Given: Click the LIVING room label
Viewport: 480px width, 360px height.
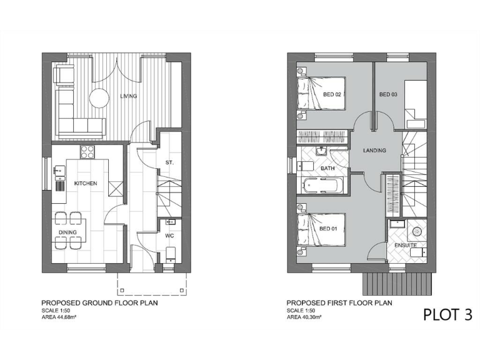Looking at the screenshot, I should [x=129, y=96].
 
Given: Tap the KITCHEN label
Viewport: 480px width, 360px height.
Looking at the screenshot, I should [x=86, y=184].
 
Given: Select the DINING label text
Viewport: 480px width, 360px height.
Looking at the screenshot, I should [x=67, y=232].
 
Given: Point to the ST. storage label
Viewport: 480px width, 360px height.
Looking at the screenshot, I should [x=169, y=162].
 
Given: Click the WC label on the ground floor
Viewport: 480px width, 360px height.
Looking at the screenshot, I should [x=169, y=237].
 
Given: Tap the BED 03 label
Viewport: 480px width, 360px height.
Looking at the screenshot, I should [x=388, y=94].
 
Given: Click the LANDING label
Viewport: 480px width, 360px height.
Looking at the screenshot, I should [x=374, y=151].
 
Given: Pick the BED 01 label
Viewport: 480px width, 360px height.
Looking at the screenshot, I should [x=328, y=229].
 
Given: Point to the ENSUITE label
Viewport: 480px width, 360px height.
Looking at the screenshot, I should [x=405, y=246].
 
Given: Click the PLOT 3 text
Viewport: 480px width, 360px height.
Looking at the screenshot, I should [x=447, y=314].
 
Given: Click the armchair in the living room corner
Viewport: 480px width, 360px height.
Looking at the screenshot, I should [x=64, y=75].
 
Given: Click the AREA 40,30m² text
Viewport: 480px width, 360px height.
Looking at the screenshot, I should [x=308, y=317].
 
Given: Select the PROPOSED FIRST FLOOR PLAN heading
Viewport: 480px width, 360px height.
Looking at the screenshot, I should [x=339, y=303].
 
